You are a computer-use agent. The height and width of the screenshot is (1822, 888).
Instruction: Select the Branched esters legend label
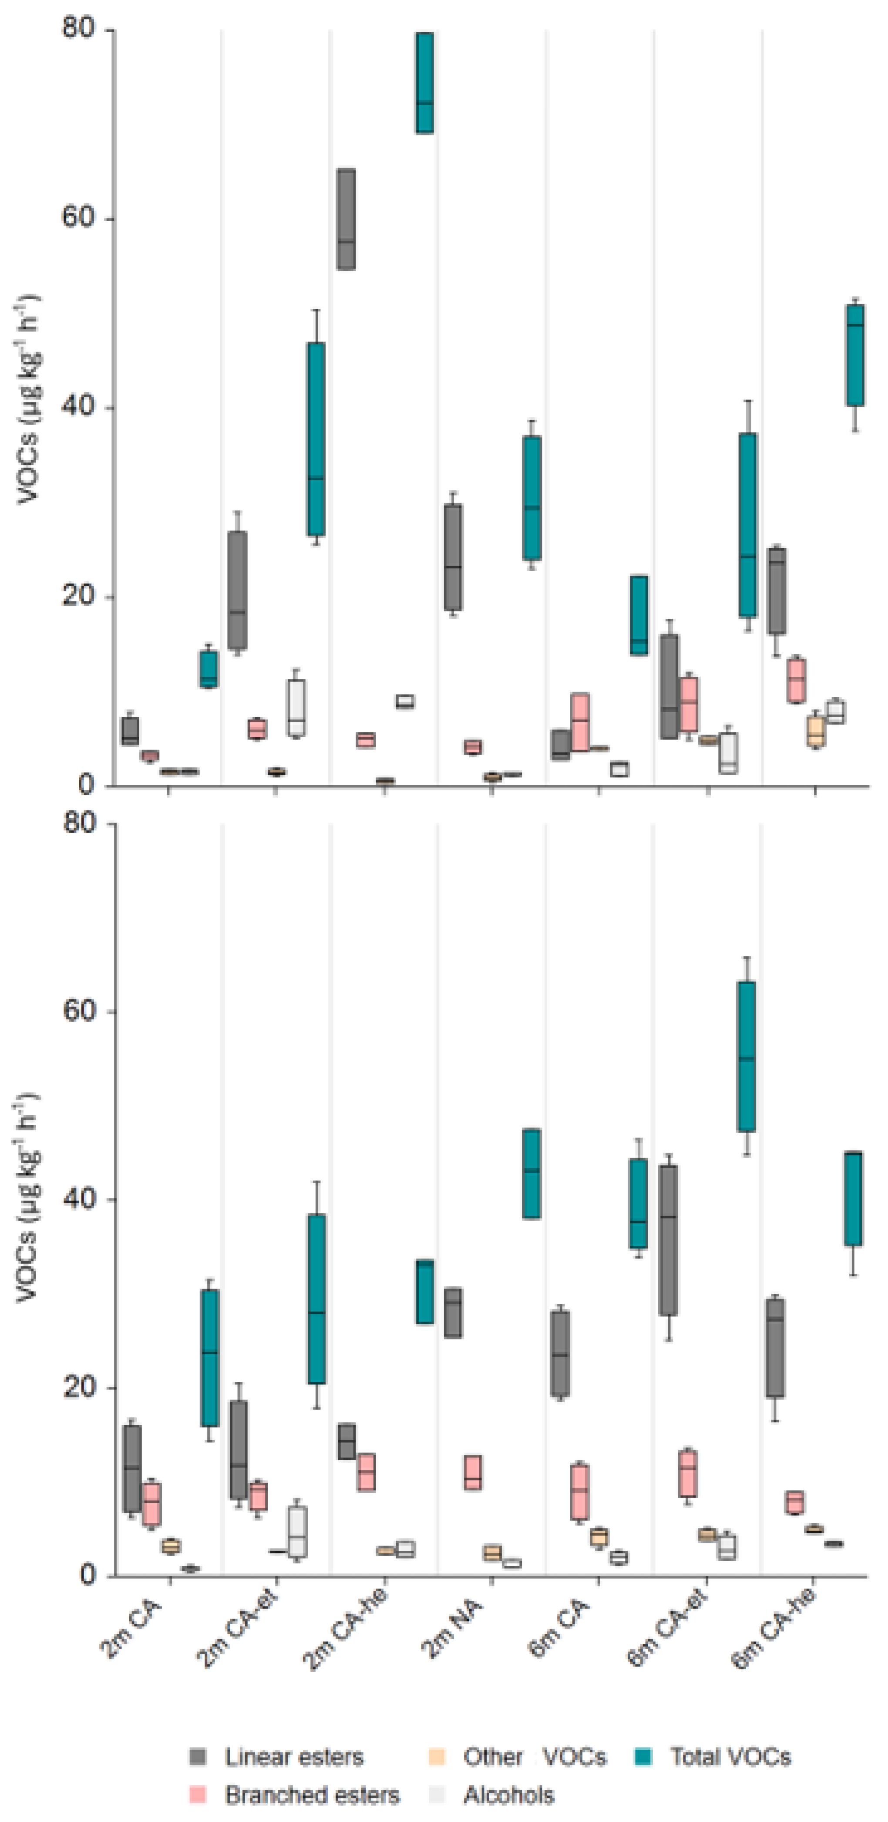(x=312, y=1795)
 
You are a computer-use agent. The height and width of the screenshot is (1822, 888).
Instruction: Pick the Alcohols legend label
(x=509, y=1795)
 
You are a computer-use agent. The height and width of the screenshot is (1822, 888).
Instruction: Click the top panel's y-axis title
(x=28, y=400)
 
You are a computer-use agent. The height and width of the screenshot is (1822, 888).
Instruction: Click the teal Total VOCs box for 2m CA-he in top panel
(x=424, y=83)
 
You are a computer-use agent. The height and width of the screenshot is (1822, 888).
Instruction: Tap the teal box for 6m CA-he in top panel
(x=855, y=355)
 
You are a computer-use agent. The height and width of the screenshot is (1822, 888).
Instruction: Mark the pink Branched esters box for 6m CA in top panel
(x=580, y=722)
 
